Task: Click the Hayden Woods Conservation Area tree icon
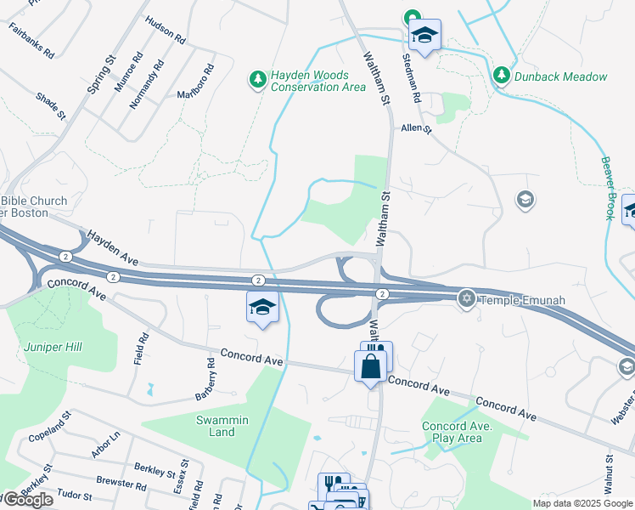pos(257,80)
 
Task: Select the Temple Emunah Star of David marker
pos(466,299)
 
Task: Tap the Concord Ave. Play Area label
pos(452,432)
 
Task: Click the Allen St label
pos(416,128)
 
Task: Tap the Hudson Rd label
pos(165,30)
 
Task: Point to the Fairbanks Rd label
pos(31,40)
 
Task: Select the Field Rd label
pos(141,348)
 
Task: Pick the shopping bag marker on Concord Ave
pos(370,367)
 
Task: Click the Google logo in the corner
pos(28,499)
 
